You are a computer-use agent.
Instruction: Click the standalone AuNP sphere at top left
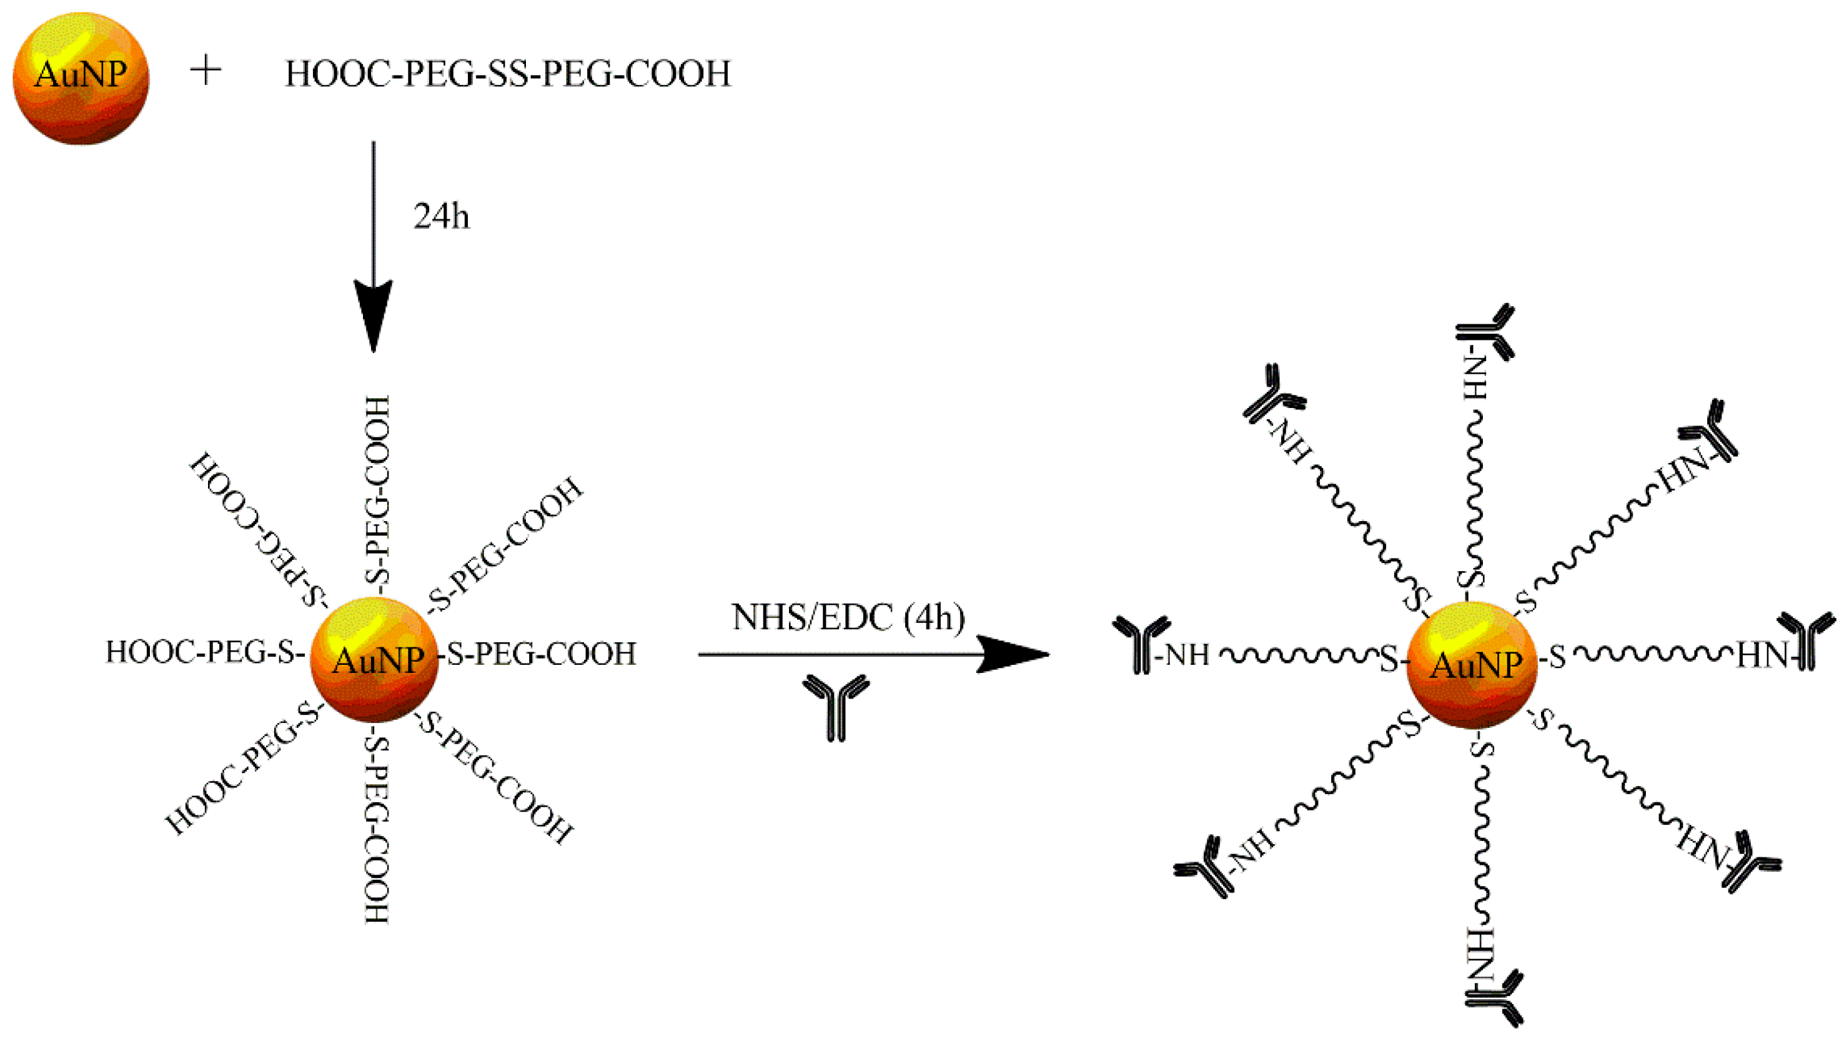click(81, 77)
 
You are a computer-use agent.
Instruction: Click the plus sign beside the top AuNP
click(206, 72)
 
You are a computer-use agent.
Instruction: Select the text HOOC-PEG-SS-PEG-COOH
click(508, 74)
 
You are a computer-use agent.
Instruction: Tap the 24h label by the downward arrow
click(442, 216)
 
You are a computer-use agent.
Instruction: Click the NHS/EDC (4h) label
click(848, 617)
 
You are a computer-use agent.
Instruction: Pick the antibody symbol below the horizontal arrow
click(835, 706)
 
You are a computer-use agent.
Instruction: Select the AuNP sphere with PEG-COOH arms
click(374, 659)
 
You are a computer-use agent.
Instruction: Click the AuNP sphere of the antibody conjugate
click(1472, 664)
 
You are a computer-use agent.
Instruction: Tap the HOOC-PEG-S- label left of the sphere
click(205, 652)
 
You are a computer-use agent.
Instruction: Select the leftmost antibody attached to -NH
click(1139, 644)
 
